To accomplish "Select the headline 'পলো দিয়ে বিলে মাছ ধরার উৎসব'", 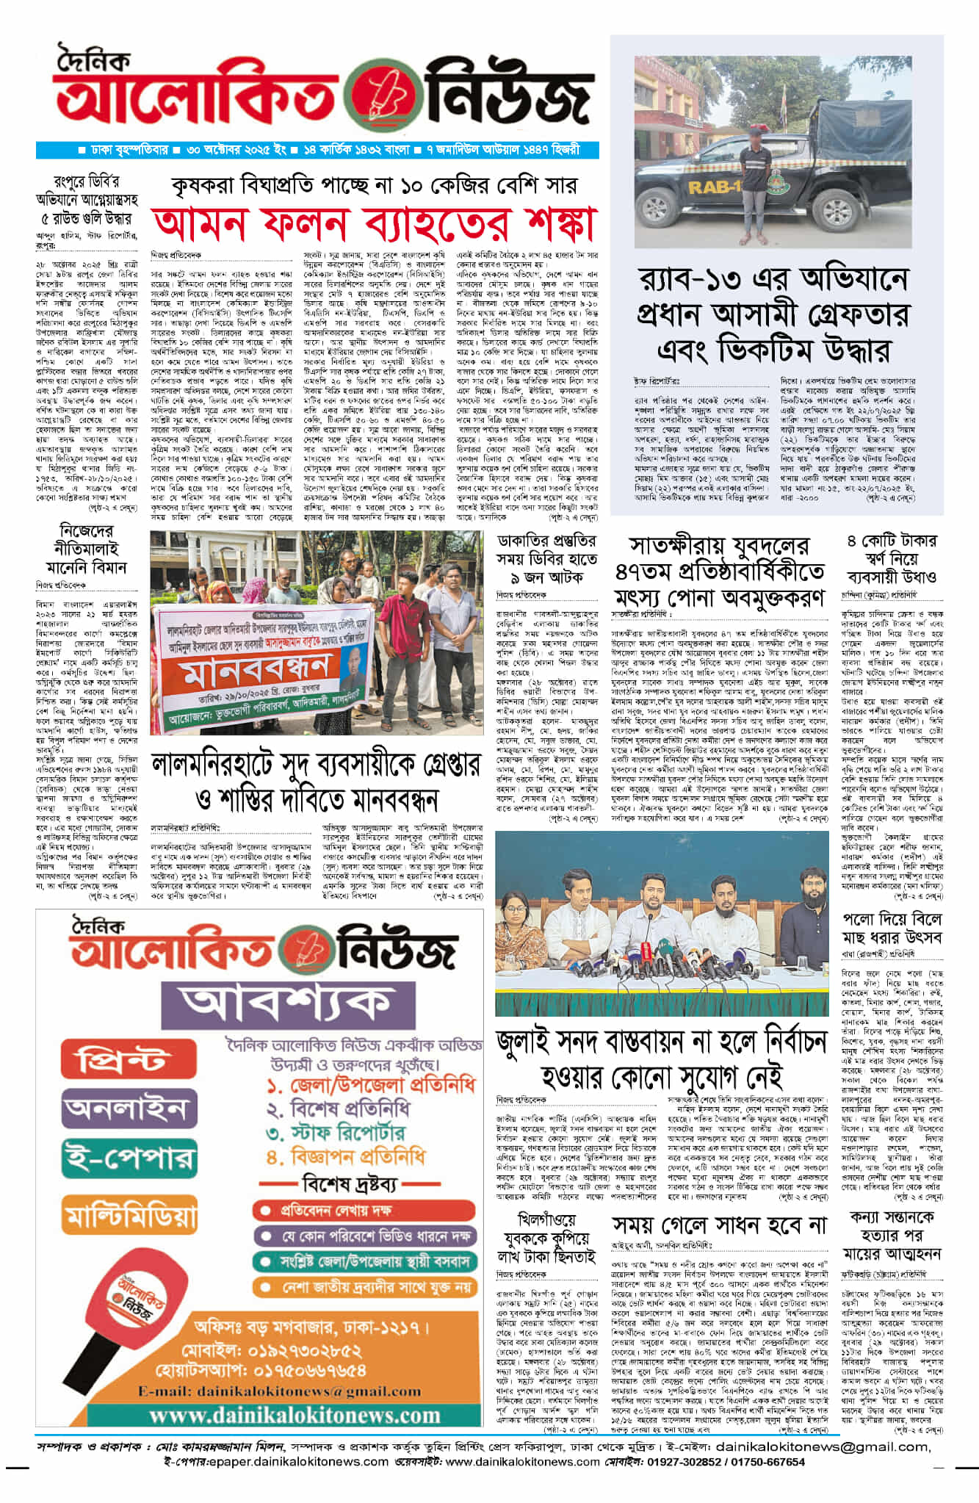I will (892, 929).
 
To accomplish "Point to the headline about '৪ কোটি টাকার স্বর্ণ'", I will (892, 558).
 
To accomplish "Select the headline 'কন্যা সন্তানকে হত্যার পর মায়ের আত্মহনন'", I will (892, 1235).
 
